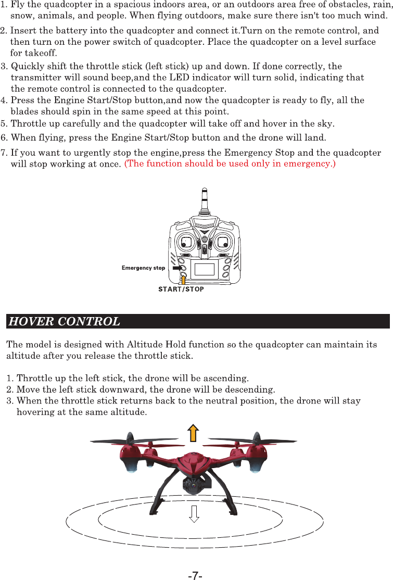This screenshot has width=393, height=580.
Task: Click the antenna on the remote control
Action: (204, 200)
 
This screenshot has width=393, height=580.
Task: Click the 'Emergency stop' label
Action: (143, 268)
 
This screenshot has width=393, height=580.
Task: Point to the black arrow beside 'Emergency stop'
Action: (178, 268)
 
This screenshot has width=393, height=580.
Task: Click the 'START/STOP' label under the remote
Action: (181, 289)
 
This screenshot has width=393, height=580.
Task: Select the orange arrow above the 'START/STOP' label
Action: (183, 280)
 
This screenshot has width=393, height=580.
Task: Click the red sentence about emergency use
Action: (230, 165)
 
